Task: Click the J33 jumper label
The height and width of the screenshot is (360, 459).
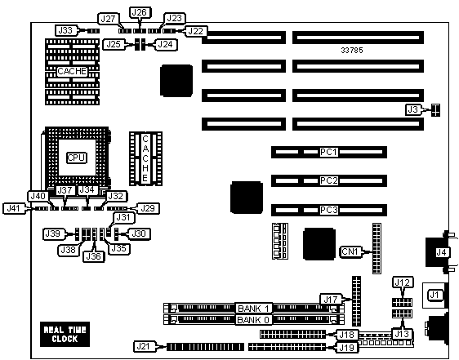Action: [x=65, y=30]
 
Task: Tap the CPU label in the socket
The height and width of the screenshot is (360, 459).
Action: [x=76, y=158]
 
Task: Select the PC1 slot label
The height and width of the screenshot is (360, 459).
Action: [x=329, y=152]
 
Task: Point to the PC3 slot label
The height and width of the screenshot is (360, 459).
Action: [x=329, y=210]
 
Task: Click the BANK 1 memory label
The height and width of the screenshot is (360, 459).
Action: [x=253, y=309]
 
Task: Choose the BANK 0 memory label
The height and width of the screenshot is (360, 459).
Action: [x=253, y=320]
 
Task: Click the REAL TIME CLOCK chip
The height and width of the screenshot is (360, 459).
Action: [x=65, y=334]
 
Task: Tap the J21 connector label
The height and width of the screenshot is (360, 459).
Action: [x=143, y=347]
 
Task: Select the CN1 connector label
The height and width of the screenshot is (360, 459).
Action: [x=350, y=251]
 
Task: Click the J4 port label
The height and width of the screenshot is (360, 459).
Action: [x=441, y=252]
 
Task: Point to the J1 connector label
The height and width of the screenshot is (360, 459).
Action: [x=434, y=295]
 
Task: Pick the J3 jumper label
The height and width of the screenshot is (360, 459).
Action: [x=413, y=109]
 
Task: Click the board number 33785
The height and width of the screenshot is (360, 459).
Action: [x=352, y=51]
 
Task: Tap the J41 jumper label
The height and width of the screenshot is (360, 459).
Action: [x=13, y=208]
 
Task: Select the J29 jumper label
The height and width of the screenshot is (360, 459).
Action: [x=148, y=208]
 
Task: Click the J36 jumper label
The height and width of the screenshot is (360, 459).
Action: [x=94, y=256]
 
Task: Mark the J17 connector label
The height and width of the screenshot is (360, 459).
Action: [x=331, y=300]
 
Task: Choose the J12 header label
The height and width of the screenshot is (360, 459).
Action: [x=403, y=282]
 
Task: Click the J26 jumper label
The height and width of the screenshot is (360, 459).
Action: [x=140, y=12]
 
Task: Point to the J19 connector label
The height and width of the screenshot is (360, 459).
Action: [x=347, y=348]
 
